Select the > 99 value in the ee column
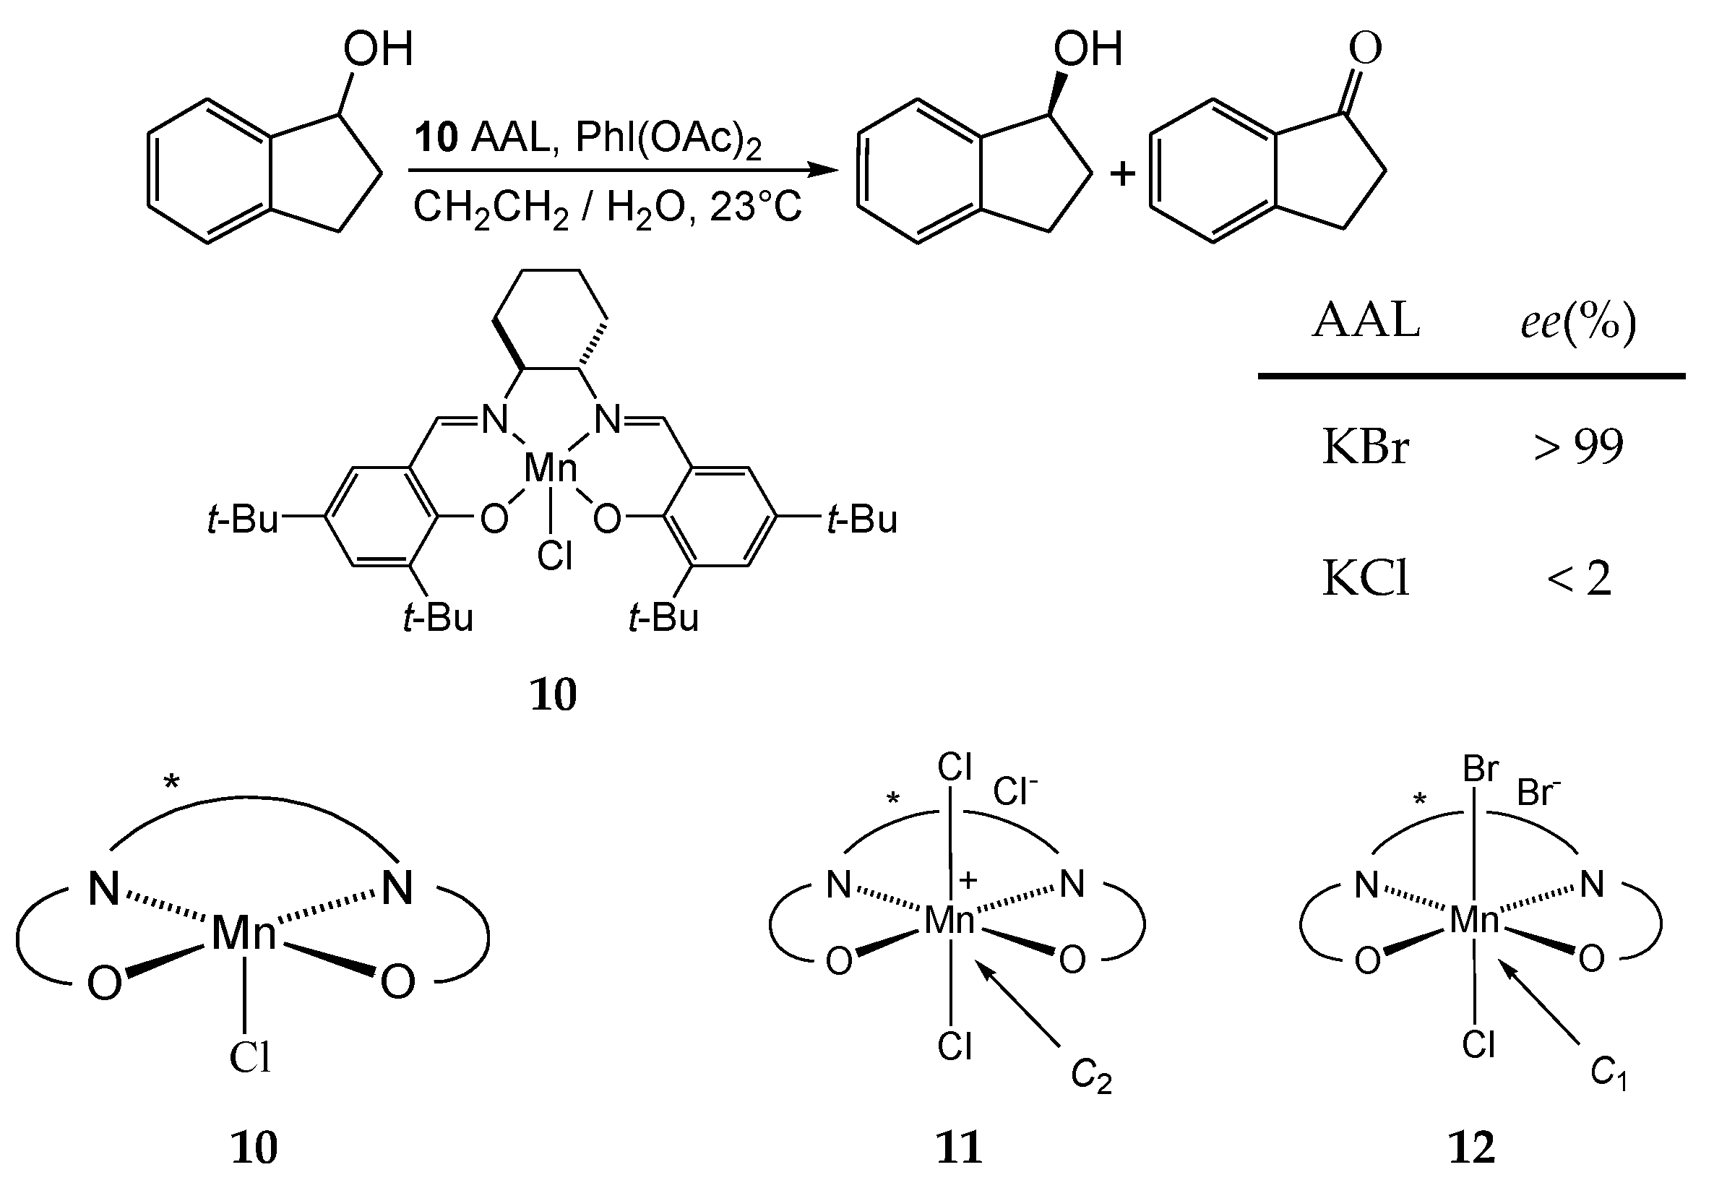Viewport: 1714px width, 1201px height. point(1578,447)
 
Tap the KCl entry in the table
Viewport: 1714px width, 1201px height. point(1366,579)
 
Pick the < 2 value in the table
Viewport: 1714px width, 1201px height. point(1579,579)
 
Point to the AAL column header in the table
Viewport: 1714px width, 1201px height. point(1366,321)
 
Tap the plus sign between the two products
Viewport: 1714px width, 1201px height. point(1122,174)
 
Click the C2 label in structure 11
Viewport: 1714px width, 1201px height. point(1090,1075)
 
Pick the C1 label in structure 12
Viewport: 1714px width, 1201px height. point(1608,1073)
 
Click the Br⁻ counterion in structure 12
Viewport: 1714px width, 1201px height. point(1538,791)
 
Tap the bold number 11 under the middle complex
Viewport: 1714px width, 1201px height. point(959,1148)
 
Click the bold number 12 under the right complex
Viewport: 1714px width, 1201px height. point(1472,1148)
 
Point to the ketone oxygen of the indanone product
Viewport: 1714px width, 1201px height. point(1366,48)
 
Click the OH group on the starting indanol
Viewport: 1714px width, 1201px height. point(377,49)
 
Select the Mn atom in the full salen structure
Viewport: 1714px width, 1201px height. point(551,469)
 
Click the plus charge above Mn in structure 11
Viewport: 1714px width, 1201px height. point(968,881)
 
